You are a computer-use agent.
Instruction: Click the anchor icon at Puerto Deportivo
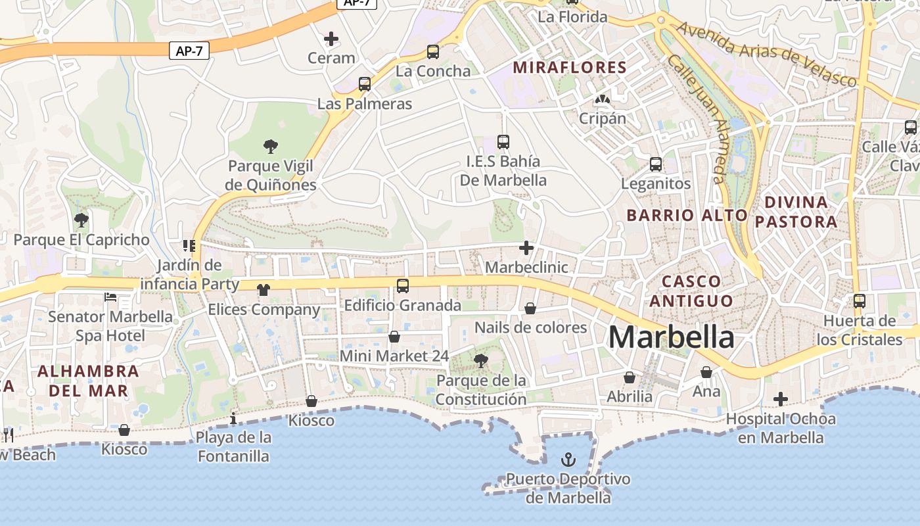[569, 460]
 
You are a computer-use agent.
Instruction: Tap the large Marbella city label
[671, 337]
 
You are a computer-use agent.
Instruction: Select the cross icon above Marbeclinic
[526, 248]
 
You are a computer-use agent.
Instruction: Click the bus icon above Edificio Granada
[403, 286]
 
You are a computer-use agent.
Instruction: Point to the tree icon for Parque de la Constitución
[481, 360]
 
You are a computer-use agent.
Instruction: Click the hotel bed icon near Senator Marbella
[110, 297]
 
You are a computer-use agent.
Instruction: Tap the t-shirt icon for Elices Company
[264, 290]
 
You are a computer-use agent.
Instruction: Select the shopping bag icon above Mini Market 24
[394, 337]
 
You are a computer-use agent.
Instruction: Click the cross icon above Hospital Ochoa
[781, 399]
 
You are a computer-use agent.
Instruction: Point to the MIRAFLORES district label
[570, 67]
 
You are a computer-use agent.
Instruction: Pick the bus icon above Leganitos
[656, 164]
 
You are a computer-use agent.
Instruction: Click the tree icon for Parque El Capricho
[81, 220]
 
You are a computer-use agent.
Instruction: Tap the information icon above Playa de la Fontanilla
[233, 418]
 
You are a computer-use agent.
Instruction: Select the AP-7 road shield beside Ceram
[189, 51]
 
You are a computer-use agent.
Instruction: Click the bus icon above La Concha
[433, 51]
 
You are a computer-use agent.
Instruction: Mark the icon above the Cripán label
[601, 99]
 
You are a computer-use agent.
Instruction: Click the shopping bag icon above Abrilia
[630, 377]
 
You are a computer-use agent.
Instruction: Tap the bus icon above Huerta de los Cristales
[859, 301]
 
